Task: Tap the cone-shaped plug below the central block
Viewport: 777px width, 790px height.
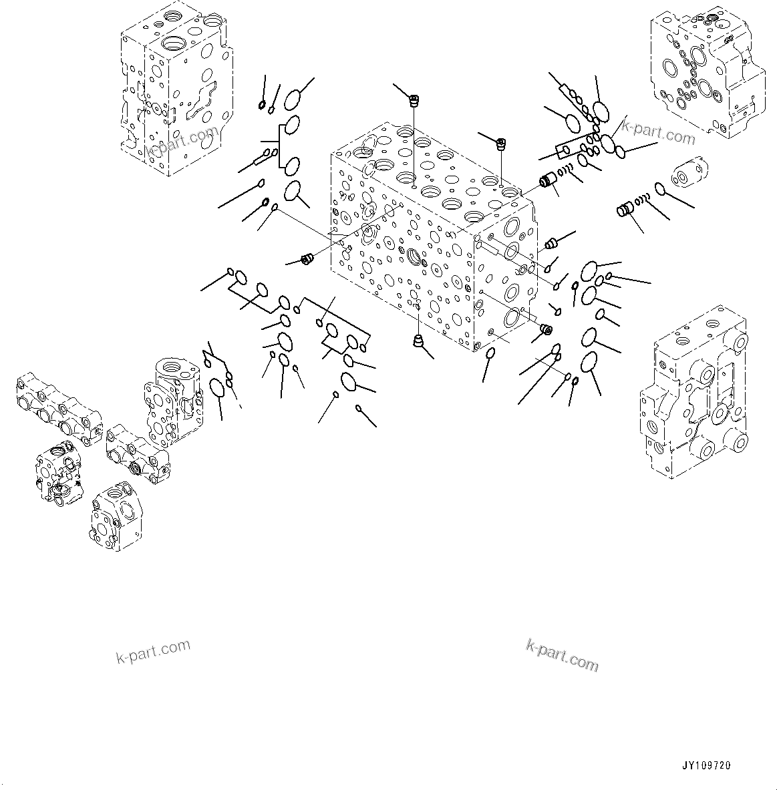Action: click(x=418, y=342)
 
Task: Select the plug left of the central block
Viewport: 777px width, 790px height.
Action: click(x=308, y=258)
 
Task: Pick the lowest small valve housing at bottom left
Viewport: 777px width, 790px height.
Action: click(x=115, y=516)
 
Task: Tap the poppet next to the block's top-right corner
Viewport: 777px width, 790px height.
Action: click(x=550, y=181)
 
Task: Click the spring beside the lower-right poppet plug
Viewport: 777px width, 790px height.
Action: click(x=642, y=198)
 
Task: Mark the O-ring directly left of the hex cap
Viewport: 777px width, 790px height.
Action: click(x=660, y=190)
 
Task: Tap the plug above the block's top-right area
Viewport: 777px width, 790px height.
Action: click(x=502, y=142)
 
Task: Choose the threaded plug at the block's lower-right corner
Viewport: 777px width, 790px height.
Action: click(x=545, y=329)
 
